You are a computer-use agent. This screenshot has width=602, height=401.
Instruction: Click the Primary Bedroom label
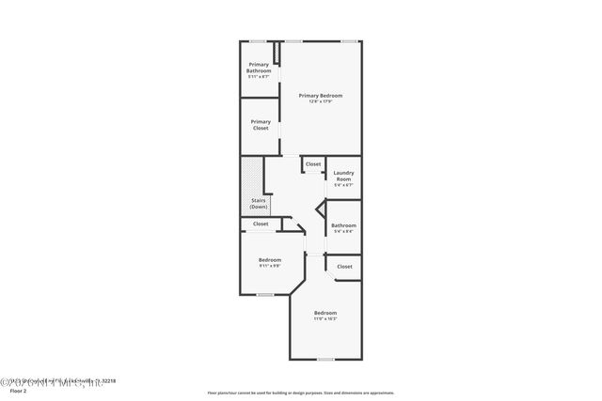pyautogui.click(x=321, y=96)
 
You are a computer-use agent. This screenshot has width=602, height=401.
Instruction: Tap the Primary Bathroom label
pyautogui.click(x=259, y=68)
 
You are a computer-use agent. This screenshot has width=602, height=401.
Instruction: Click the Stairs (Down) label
pyautogui.click(x=259, y=203)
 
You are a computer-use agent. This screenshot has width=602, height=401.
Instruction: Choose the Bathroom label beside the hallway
pyautogui.click(x=343, y=225)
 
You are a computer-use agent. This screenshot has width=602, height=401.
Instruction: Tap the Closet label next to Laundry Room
pyautogui.click(x=312, y=164)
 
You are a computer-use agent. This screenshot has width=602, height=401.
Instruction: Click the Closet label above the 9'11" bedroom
pyautogui.click(x=261, y=224)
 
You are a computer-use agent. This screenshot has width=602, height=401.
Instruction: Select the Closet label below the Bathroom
pyautogui.click(x=344, y=267)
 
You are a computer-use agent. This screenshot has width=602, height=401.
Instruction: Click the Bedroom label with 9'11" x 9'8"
pyautogui.click(x=271, y=259)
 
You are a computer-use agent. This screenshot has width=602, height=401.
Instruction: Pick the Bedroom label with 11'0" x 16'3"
pyautogui.click(x=325, y=313)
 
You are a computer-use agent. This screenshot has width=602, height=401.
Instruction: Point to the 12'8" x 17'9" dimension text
pyautogui.click(x=321, y=101)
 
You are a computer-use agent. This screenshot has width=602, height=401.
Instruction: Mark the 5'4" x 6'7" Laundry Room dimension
pyautogui.click(x=342, y=185)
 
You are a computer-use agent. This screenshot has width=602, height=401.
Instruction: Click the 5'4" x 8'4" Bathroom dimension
pyautogui.click(x=343, y=231)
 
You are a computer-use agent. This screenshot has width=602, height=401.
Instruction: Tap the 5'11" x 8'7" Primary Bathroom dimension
pyautogui.click(x=259, y=76)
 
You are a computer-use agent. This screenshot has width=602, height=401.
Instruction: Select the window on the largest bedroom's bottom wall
pyautogui.click(x=325, y=359)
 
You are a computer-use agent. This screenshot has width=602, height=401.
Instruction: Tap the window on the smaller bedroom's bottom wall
pyautogui.click(x=266, y=295)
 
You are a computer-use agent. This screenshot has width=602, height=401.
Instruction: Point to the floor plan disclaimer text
pyautogui.click(x=301, y=393)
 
